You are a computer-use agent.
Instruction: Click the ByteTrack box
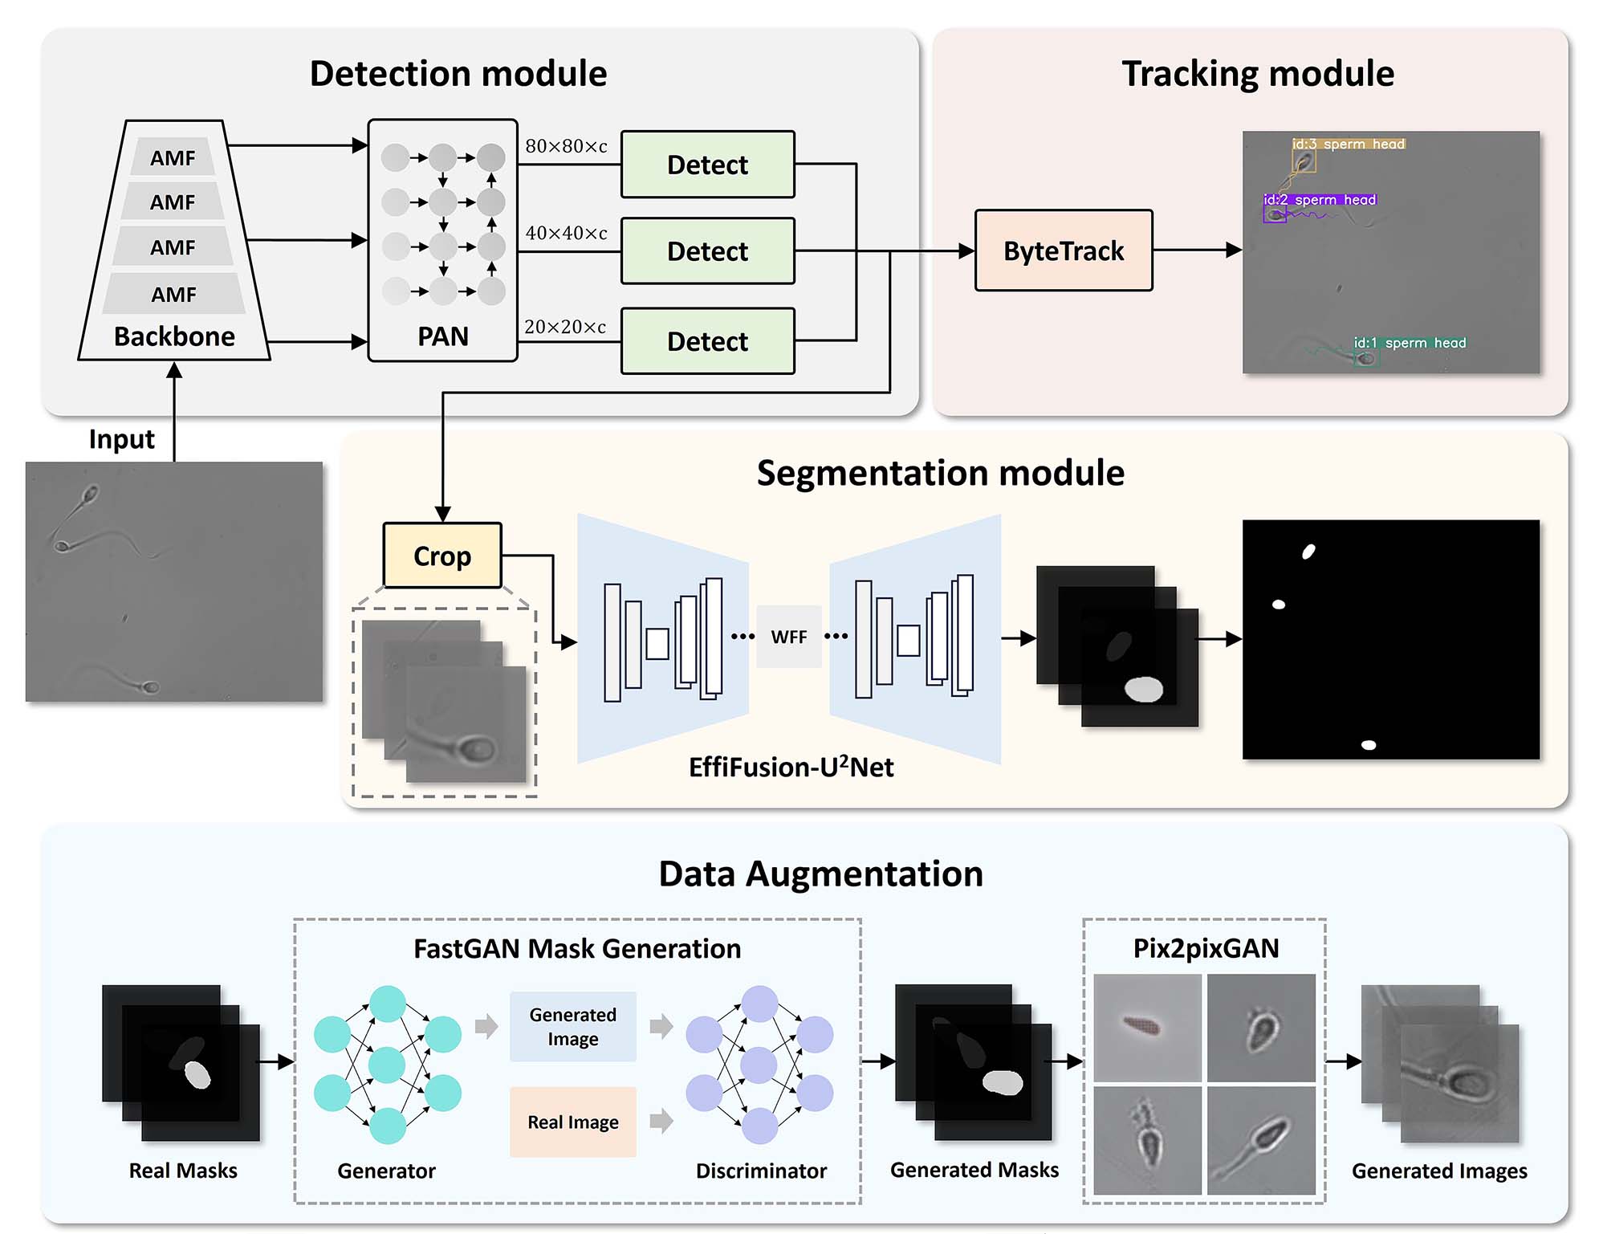pos(1063,250)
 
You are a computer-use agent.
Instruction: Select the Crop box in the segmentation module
pos(442,556)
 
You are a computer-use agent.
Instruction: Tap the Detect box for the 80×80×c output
pos(707,165)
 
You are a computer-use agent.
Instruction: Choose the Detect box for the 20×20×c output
pos(707,341)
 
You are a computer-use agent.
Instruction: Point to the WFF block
pos(788,637)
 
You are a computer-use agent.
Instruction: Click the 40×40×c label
pos(566,233)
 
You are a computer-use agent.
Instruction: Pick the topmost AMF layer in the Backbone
pos(173,157)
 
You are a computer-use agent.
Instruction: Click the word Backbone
pos(174,336)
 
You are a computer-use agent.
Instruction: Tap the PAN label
pos(442,336)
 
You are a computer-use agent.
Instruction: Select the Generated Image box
pos(572,1026)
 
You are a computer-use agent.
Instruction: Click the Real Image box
pos(572,1122)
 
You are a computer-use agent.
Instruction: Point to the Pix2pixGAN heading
pos(1205,948)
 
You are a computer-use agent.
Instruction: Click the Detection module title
pos(458,74)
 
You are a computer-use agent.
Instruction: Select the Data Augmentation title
pos(820,874)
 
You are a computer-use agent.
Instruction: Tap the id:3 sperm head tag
pos(1348,145)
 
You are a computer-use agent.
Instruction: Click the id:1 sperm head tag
pos(1410,343)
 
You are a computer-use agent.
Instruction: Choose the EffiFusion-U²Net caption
pos(791,767)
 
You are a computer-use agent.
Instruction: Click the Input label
pos(121,439)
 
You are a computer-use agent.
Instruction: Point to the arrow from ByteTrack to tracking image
pos(1197,250)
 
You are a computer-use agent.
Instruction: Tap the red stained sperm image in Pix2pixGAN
pos(1147,1027)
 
